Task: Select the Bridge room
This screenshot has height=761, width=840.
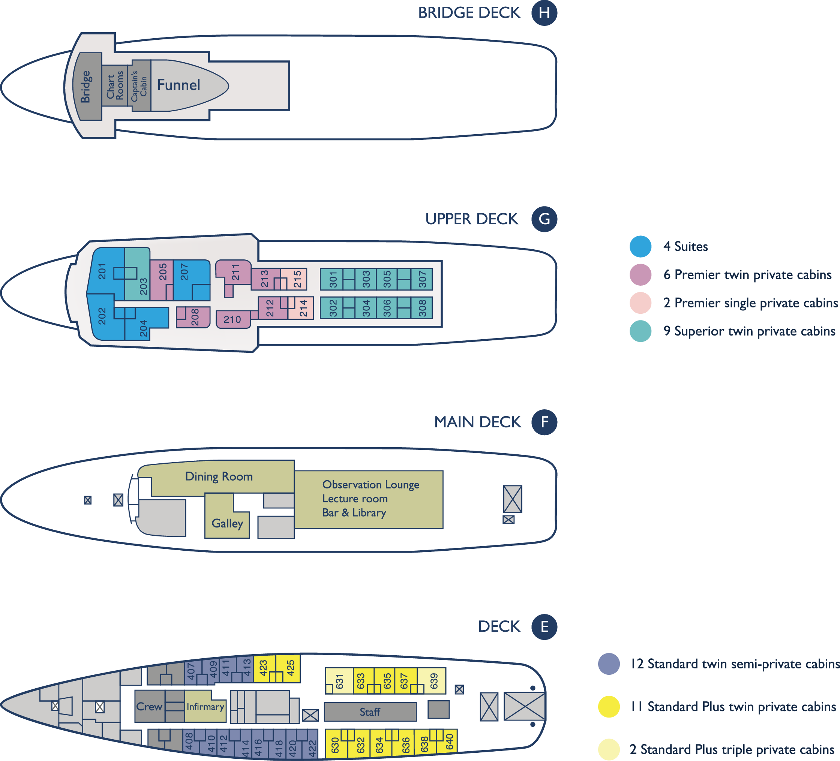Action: click(87, 86)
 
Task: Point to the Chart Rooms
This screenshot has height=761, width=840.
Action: click(115, 85)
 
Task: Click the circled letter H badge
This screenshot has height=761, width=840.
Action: click(544, 13)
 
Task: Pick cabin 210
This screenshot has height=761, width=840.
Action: click(233, 319)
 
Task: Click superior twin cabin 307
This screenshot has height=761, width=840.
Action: click(421, 279)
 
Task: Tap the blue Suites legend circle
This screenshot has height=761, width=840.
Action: click(640, 246)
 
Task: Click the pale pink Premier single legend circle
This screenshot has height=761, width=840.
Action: click(640, 303)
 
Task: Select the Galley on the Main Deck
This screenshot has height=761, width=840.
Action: click(227, 517)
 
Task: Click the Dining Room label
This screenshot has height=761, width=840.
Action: click(219, 476)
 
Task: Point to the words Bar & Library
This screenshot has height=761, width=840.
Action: click(354, 513)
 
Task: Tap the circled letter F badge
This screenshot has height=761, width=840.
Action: click(544, 422)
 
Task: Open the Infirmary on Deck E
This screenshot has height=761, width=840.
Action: click(205, 706)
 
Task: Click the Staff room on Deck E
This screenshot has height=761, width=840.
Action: click(370, 712)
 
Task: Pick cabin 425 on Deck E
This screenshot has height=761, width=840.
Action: click(288, 668)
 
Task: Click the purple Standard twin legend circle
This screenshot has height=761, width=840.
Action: click(609, 664)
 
